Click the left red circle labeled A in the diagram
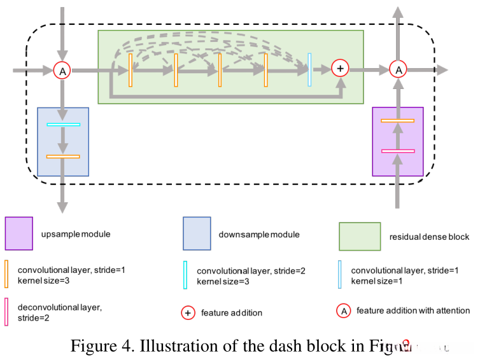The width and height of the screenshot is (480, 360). coord(62,71)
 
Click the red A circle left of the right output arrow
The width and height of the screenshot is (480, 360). coord(398,69)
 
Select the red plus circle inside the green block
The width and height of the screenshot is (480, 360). coord(340,68)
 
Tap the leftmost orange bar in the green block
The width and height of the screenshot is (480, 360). coord(130,70)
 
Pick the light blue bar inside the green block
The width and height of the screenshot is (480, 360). coord(309,69)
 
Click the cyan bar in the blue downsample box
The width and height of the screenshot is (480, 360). coord(63,124)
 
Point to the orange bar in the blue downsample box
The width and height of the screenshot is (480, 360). coord(63,156)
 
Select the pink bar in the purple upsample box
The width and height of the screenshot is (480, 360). coord(397,151)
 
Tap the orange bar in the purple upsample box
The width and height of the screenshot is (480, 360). coord(397,120)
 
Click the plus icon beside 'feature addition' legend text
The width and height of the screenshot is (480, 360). coord(188,312)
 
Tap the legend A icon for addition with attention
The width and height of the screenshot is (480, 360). coord(344,311)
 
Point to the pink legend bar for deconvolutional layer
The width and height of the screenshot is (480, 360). coord(6,312)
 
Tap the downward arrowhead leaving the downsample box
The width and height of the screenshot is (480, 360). coord(62,206)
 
